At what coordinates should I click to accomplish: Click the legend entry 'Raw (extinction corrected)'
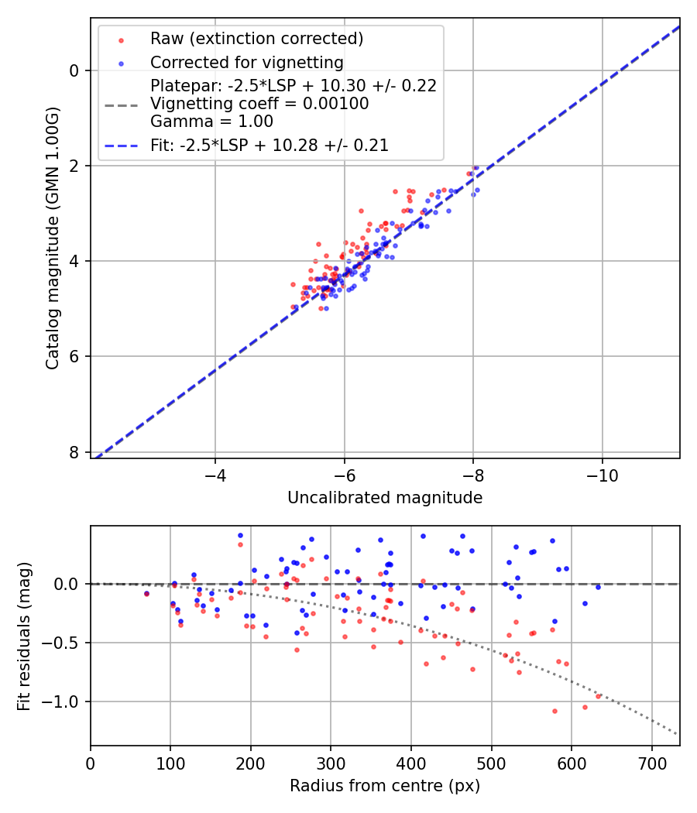(256, 39)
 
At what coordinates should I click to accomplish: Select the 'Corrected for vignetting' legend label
(247, 62)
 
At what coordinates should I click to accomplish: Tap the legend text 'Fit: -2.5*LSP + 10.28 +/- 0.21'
(270, 145)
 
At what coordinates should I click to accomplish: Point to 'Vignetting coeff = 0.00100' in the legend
(259, 104)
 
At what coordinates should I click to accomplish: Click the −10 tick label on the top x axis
(602, 474)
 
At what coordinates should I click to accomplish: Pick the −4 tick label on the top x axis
(215, 474)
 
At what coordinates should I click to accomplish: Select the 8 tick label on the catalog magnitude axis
(74, 452)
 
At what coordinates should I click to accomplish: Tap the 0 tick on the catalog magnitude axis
(74, 70)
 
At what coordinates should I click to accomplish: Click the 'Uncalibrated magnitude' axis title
(385, 498)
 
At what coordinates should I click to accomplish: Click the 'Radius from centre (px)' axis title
(385, 786)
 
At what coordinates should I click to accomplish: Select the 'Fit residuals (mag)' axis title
(25, 635)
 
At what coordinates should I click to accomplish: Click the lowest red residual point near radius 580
(555, 711)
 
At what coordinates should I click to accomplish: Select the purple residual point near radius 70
(146, 594)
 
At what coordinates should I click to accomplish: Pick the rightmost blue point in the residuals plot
(598, 587)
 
